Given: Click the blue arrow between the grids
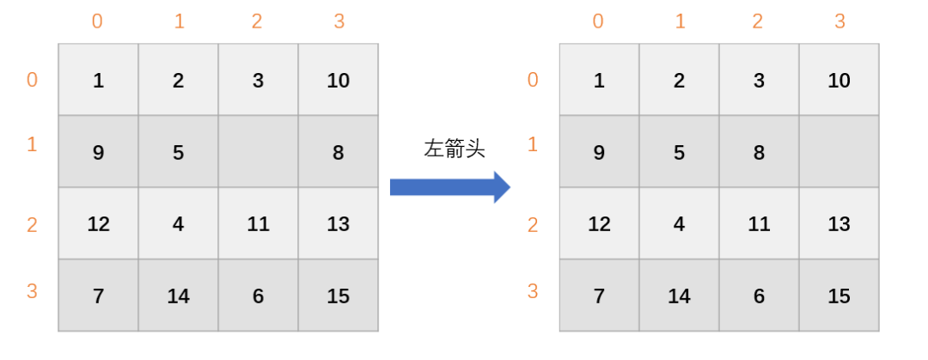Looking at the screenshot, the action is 449,186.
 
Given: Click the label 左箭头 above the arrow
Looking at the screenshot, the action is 455,149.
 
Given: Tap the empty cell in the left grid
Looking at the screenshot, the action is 258,152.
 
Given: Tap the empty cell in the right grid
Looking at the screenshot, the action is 839,152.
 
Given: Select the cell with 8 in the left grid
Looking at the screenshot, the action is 338,152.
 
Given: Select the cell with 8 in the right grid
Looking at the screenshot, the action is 759,152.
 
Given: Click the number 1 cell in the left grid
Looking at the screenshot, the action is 98,81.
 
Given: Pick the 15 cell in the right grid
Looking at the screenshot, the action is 839,296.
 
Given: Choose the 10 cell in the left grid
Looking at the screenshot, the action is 338,81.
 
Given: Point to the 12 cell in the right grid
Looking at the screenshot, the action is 599,224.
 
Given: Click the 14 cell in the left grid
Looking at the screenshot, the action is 178,296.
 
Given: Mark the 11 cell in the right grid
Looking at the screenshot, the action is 759,224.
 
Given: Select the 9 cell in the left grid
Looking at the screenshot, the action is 98,152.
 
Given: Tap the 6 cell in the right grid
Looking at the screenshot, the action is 759,296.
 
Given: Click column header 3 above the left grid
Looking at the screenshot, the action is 339,21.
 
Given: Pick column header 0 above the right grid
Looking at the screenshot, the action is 598,21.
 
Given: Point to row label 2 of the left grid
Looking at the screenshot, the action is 32,225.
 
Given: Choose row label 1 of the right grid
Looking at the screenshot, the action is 533,143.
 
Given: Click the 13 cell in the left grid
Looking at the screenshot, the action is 338,224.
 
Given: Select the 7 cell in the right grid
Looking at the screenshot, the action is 599,296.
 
